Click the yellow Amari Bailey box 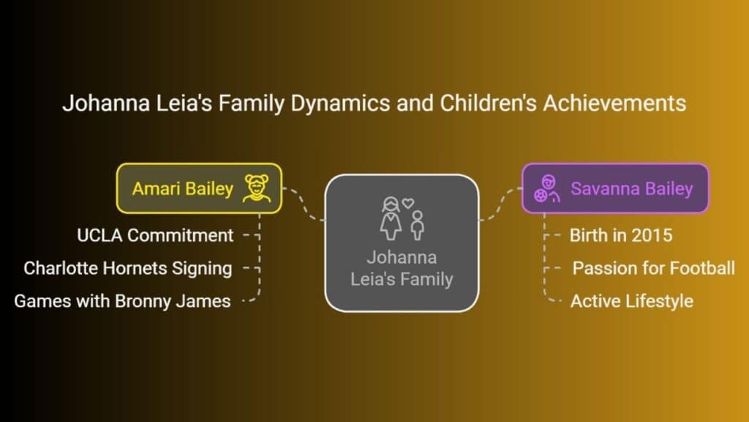point(199,188)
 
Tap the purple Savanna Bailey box point(615,188)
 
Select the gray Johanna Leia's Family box point(402,243)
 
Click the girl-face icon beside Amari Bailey point(257,188)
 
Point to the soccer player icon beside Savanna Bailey point(547,188)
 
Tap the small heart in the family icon point(407,204)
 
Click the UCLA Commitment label point(155,235)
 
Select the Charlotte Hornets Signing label point(128,268)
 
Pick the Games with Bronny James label point(122,301)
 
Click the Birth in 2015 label point(621,235)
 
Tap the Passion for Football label point(653,268)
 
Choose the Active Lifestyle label point(632,301)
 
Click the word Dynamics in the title point(341,104)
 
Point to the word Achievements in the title point(614,103)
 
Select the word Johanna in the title point(106,103)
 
